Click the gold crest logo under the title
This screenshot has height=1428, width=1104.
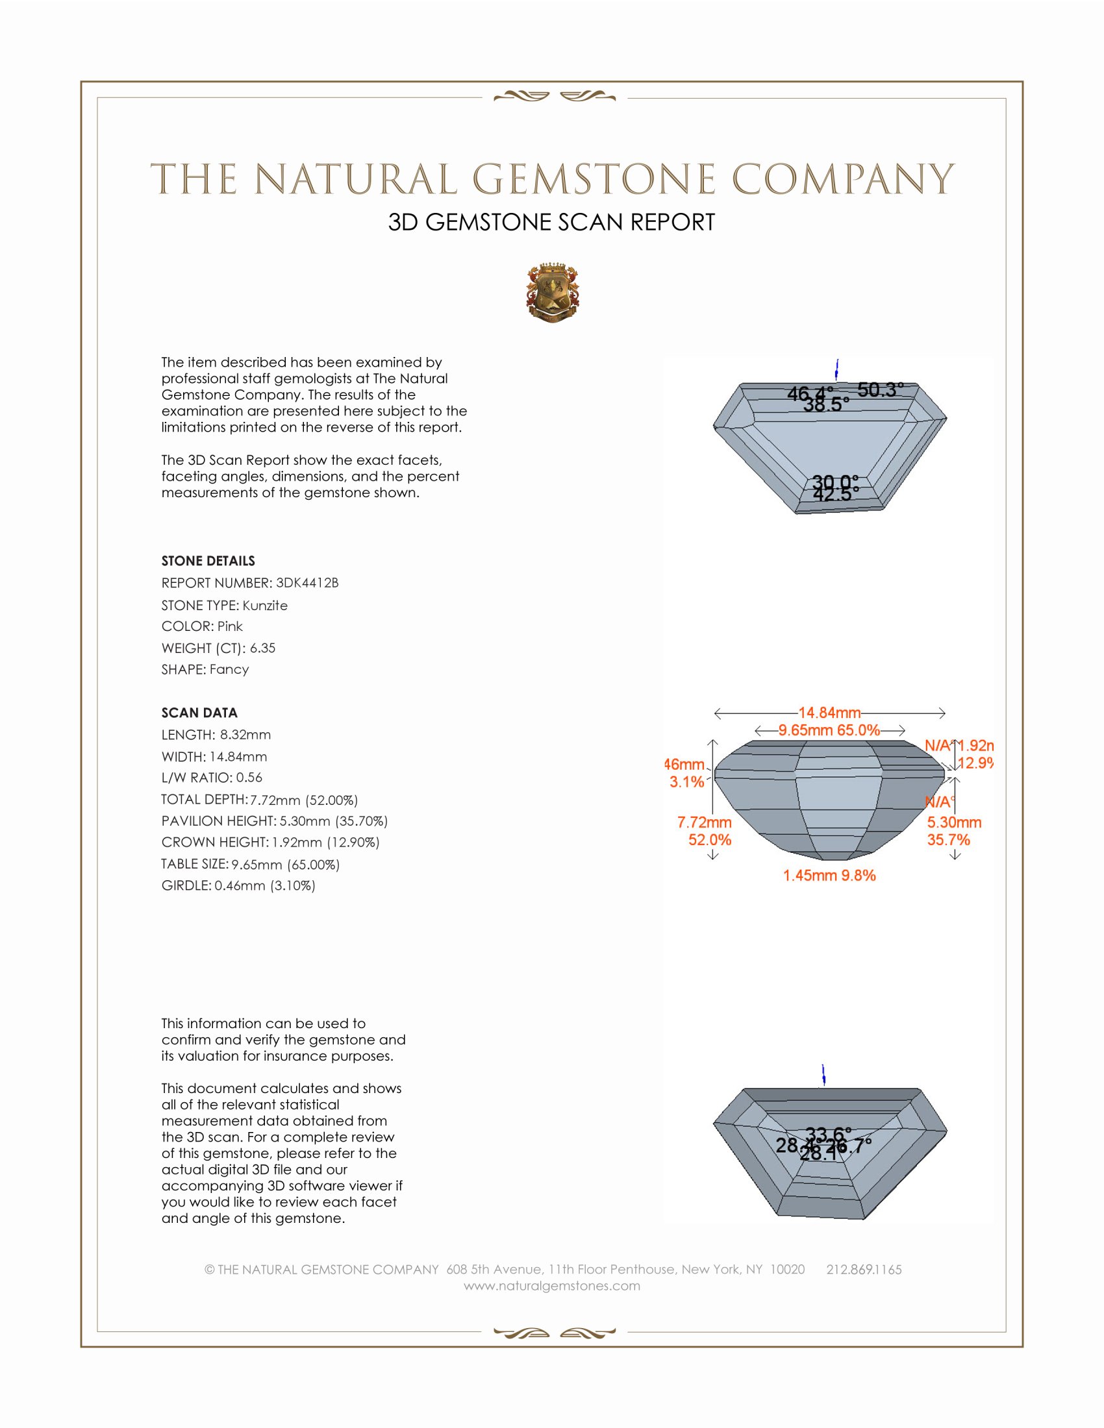pyautogui.click(x=553, y=293)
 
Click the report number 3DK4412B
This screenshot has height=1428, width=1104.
pyautogui.click(x=307, y=583)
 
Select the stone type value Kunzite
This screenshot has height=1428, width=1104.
pyautogui.click(x=265, y=606)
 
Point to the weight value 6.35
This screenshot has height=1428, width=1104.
pyautogui.click(x=262, y=648)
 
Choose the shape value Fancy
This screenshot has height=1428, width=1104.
pyautogui.click(x=229, y=670)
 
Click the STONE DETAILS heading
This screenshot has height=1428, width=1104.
pyautogui.click(x=208, y=561)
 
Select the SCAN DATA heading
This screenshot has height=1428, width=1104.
pyautogui.click(x=199, y=713)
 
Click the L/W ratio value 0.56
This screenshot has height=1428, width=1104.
pyautogui.click(x=249, y=778)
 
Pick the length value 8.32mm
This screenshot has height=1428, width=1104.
pyautogui.click(x=245, y=735)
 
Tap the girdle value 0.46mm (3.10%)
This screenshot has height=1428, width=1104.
pyautogui.click(x=265, y=886)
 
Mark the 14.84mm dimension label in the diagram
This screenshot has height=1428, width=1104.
pyautogui.click(x=829, y=713)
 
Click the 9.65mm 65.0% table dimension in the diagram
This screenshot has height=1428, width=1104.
pyautogui.click(x=829, y=730)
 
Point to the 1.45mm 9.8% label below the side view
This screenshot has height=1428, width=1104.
pyautogui.click(x=829, y=876)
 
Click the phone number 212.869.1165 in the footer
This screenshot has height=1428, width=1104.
pyautogui.click(x=864, y=1270)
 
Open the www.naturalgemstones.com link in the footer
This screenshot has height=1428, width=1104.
pyautogui.click(x=552, y=1286)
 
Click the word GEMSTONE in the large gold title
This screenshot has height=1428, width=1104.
pyautogui.click(x=594, y=179)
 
